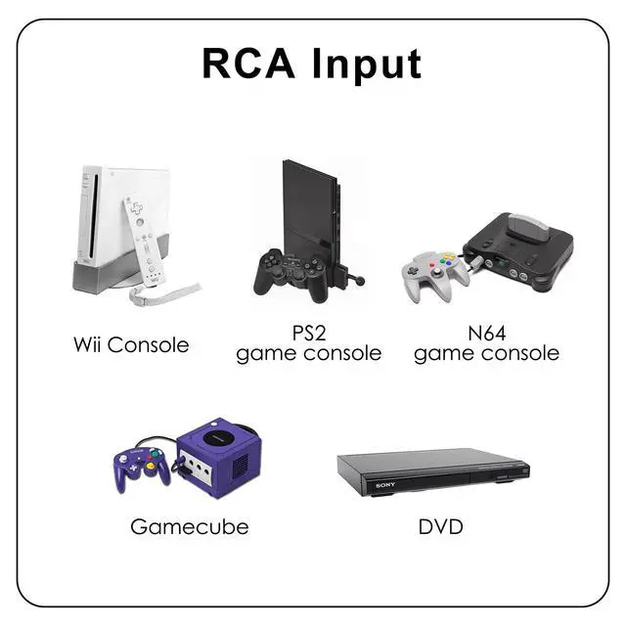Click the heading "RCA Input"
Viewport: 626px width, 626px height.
coord(312,63)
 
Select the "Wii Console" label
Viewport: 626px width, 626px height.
coord(131,344)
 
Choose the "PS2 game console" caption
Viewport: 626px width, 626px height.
coord(309,344)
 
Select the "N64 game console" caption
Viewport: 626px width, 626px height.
coord(487,344)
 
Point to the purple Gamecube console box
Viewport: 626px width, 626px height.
coord(219,456)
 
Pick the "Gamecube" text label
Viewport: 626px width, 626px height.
coord(189,527)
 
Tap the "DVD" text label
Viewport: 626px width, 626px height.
coord(440,527)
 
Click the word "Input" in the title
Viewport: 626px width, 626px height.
coord(367,63)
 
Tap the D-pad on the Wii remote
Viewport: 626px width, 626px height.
coord(133,207)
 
